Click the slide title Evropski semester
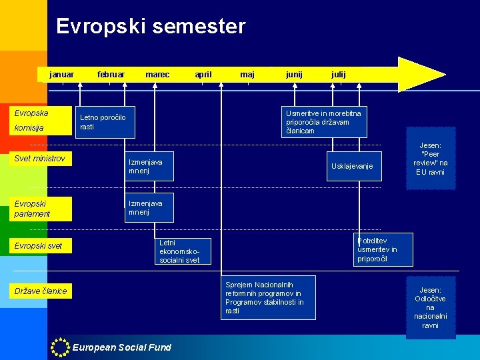(151, 27)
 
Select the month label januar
(61, 75)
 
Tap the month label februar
(111, 75)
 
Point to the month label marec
(157, 75)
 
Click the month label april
(203, 75)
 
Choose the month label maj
(247, 75)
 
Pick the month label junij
(294, 75)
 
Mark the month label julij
(339, 75)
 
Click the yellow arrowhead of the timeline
(420, 74)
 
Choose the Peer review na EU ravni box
(431, 159)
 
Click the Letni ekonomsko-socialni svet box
(184, 251)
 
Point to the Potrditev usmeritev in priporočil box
(383, 249)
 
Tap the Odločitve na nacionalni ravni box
(431, 307)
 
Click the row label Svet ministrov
(40, 159)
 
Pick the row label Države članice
(41, 291)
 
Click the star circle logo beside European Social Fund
(61, 347)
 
